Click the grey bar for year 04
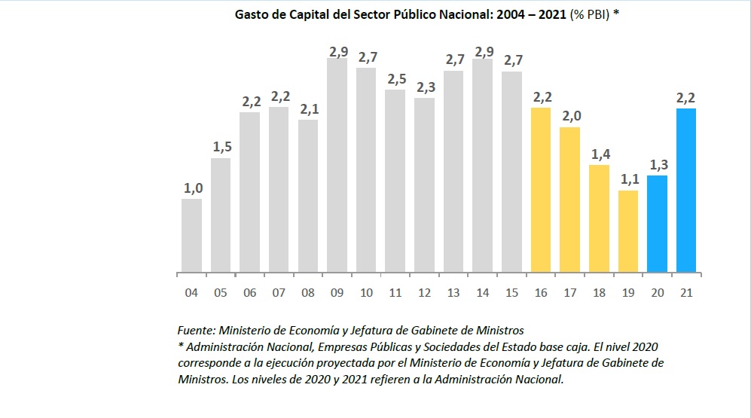tap(191, 235)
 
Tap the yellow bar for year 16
tap(541, 190)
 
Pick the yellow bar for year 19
tap(628, 230)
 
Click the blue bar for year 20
tap(657, 223)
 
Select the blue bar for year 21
tap(686, 190)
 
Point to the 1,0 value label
tap(193, 188)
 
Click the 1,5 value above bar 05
tap(221, 147)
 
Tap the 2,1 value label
tap(308, 109)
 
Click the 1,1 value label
tap(628, 180)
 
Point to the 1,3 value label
tap(657, 165)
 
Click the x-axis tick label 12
tap(424, 292)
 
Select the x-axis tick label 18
tap(599, 292)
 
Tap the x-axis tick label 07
tap(279, 292)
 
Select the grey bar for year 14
tap(483, 165)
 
